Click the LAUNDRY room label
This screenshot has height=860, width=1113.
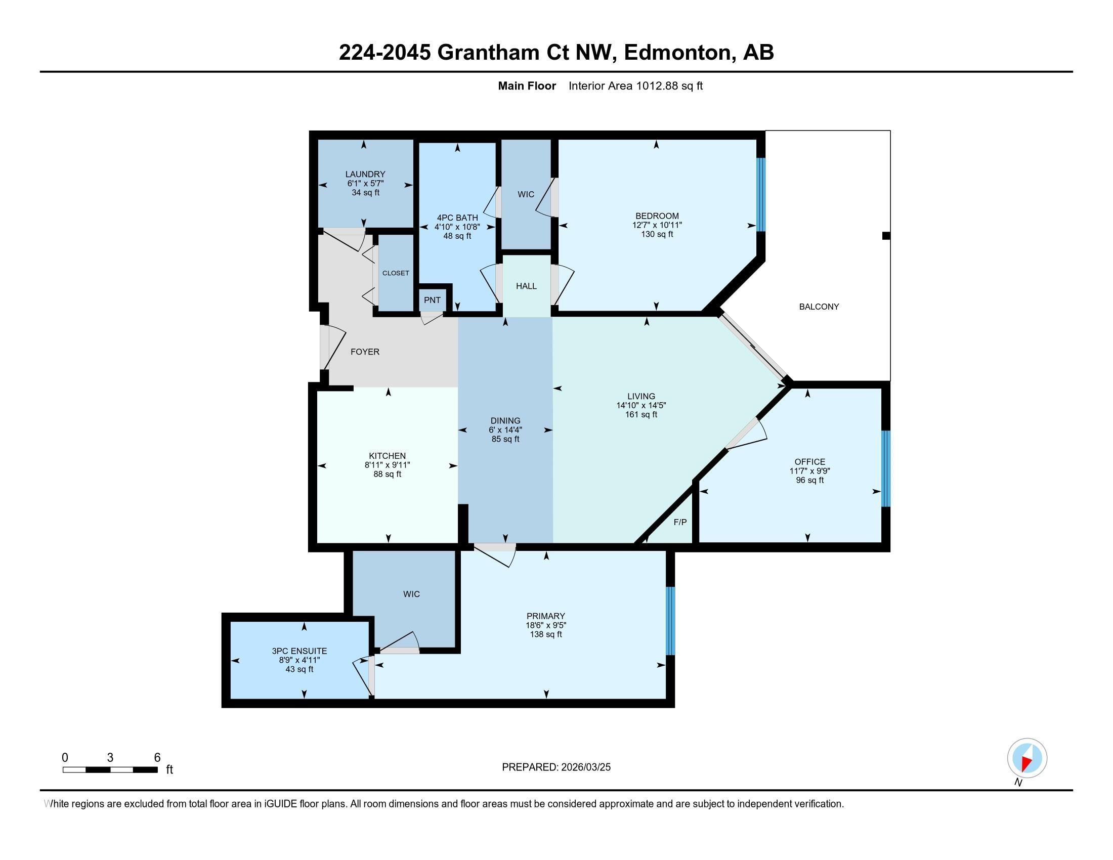click(x=365, y=174)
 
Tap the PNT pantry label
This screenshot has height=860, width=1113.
click(x=432, y=300)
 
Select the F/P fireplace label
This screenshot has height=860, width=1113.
click(x=680, y=522)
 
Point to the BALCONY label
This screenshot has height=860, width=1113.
click(x=819, y=307)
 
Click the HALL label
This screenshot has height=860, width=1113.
click(x=527, y=286)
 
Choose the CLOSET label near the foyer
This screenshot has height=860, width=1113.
click(x=396, y=273)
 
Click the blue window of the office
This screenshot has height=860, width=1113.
click(x=886, y=469)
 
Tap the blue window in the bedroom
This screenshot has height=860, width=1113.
click(x=761, y=194)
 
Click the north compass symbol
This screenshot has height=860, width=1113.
click(x=1027, y=758)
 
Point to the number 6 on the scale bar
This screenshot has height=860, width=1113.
click(x=157, y=758)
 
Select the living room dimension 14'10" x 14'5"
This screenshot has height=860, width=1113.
click(x=641, y=406)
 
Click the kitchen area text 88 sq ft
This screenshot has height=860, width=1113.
click(x=388, y=475)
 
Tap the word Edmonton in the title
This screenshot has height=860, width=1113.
click(x=677, y=53)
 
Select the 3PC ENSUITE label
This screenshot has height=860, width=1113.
click(x=299, y=651)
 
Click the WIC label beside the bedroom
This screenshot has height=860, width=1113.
click(x=526, y=195)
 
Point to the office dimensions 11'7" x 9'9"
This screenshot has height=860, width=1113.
click(x=810, y=471)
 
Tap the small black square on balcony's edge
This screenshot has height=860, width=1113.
click(x=886, y=236)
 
